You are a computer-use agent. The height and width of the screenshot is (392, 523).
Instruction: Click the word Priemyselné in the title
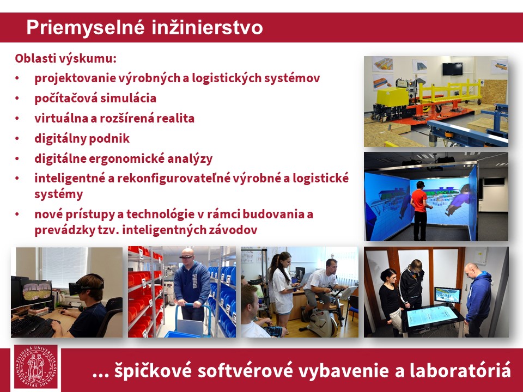coord(86,28)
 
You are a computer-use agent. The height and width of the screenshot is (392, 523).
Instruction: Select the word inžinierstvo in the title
coord(207,27)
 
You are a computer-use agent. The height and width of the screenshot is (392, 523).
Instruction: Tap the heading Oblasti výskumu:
coord(66,59)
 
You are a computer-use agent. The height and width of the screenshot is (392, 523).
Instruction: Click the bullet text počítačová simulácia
coord(95,99)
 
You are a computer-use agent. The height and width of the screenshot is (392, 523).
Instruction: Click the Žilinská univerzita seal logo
coord(36,366)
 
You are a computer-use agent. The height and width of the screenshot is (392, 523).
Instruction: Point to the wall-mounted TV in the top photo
coord(452,69)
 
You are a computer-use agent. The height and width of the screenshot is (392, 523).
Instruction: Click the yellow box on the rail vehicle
coord(392,97)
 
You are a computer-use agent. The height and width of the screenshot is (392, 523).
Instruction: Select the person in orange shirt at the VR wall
coord(419,210)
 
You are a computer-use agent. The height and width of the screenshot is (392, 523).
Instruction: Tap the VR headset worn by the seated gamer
coord(86,285)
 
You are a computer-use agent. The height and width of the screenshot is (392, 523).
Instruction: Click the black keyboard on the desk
coord(33,326)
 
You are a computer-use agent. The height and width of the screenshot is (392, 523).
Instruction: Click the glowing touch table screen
coord(432,316)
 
